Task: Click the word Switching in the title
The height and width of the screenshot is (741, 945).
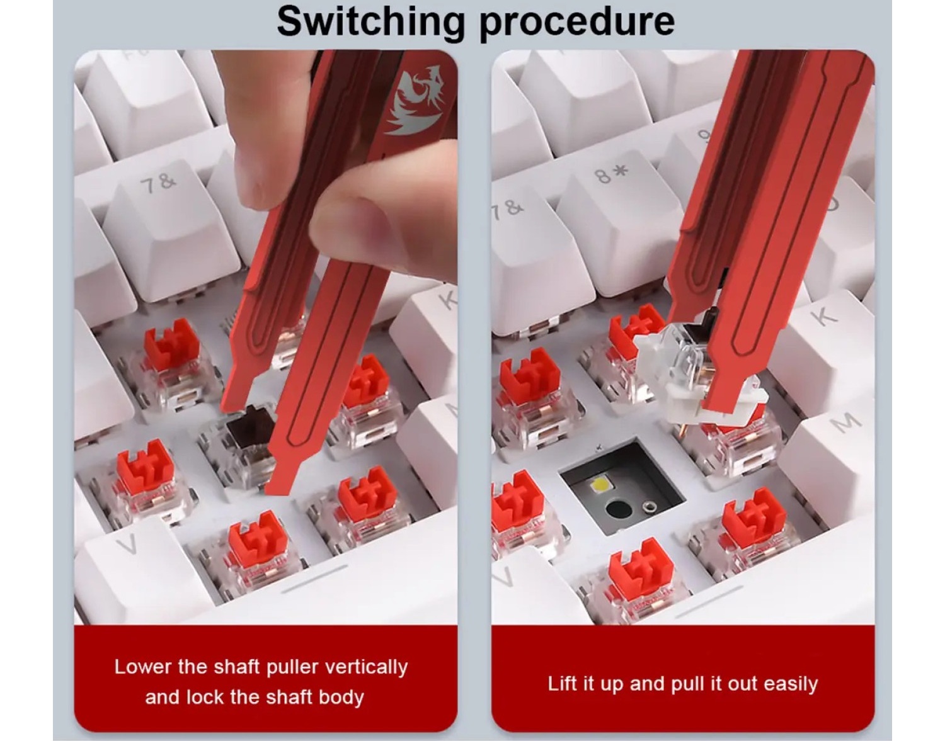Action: [370, 23]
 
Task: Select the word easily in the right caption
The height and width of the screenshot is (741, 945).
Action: [790, 684]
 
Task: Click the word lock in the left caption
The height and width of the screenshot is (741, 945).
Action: [206, 698]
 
